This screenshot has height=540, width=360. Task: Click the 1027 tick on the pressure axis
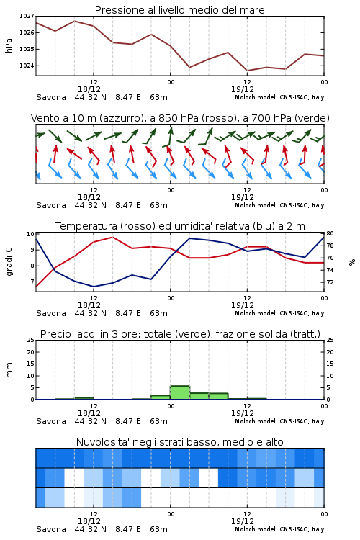pyautogui.click(x=27, y=16)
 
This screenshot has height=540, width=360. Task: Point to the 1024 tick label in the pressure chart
pyautogui.click(x=27, y=66)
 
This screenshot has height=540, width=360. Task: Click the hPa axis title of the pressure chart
pyautogui.click(x=9, y=45)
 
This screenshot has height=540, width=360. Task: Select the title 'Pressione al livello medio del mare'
pyautogui.click(x=180, y=10)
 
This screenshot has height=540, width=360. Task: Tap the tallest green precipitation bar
pyautogui.click(x=180, y=392)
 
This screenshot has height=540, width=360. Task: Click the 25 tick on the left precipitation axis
pyautogui.click(x=31, y=340)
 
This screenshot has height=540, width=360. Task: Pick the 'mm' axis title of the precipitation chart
pyautogui.click(x=9, y=370)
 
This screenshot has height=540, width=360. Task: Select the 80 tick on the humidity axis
pyautogui.click(x=330, y=233)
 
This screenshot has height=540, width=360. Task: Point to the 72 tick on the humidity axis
pyautogui.click(x=330, y=282)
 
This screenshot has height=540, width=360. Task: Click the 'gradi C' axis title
pyautogui.click(x=9, y=262)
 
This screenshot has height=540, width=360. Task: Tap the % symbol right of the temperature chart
pyautogui.click(x=352, y=262)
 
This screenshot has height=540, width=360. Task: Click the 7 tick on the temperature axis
pyautogui.click(x=32, y=282)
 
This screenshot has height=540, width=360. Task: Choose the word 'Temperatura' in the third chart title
pyautogui.click(x=86, y=226)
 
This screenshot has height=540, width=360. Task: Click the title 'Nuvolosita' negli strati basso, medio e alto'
pyautogui.click(x=180, y=442)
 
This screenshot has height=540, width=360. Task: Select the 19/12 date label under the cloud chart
pyautogui.click(x=243, y=521)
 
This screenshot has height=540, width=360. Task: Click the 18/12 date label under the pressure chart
pyautogui.click(x=89, y=89)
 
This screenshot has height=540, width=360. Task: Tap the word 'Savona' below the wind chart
pyautogui.click(x=51, y=206)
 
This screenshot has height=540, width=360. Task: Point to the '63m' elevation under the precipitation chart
pyautogui.click(x=159, y=421)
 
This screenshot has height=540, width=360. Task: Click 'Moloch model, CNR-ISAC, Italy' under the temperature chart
pyautogui.click(x=279, y=313)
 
